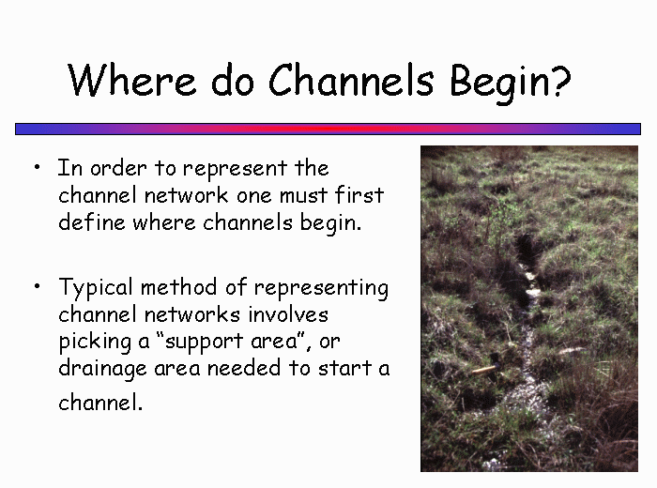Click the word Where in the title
point(132,80)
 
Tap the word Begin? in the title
point(511,83)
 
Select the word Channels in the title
point(351,79)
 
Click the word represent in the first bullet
point(235,170)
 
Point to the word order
point(118,168)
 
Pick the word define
point(92,221)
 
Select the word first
point(359,194)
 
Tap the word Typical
point(96,289)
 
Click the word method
point(179,287)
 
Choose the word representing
point(321,289)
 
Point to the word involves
point(288,314)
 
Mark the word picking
point(95,343)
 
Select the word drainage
point(102,370)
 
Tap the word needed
point(244,368)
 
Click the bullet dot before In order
point(38,167)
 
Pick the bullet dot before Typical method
point(38,286)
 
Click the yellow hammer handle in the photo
point(484,370)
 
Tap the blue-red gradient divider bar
point(328,129)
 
